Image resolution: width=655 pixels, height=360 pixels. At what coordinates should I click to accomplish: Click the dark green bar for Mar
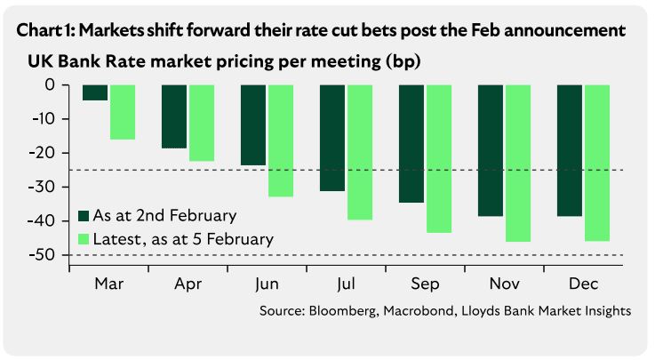[x=95, y=92]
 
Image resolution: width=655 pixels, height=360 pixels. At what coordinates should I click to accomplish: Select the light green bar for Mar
[x=122, y=112]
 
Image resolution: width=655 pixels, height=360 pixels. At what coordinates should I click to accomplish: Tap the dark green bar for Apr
[x=174, y=116]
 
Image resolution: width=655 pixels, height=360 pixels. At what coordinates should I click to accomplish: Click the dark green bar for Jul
[x=332, y=138]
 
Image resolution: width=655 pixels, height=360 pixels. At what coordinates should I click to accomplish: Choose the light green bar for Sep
[x=439, y=158]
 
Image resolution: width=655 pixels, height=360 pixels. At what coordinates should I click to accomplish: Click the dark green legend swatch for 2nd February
[x=84, y=217]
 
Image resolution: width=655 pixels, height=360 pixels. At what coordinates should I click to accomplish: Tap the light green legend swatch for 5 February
[x=84, y=238]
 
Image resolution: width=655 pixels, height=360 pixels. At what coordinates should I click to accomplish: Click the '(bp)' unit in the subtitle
[x=402, y=63]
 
